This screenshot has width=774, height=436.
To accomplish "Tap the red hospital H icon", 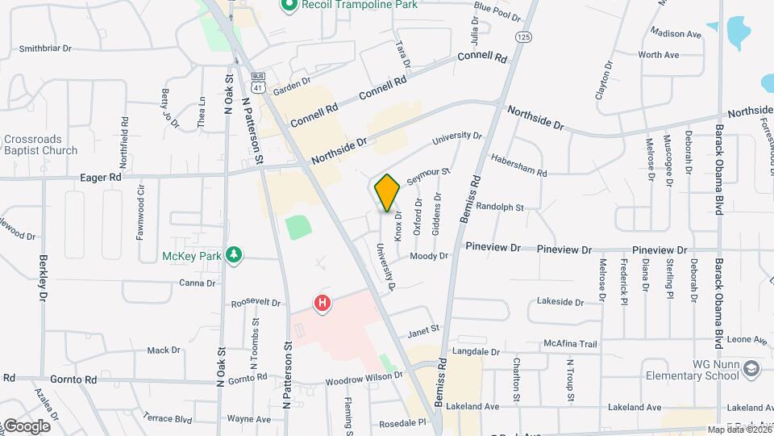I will point(322,304).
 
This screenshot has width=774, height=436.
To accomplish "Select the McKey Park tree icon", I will point(234,256).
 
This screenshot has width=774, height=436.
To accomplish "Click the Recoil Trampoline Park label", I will point(359,5).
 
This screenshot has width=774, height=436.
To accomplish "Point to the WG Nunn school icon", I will point(752,368).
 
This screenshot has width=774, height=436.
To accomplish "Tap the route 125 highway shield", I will point(523,37).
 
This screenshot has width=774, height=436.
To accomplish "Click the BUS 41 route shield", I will point(257,80).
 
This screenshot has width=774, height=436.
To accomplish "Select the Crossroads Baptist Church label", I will point(40,145).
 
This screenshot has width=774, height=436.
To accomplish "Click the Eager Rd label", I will point(101,177).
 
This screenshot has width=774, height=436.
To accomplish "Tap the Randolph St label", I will point(500,208).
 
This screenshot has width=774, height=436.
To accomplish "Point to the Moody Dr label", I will point(428,256).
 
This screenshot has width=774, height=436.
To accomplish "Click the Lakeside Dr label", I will point(560,302).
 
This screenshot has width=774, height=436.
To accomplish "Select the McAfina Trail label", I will point(569,344).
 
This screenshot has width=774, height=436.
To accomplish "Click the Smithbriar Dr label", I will point(45,48).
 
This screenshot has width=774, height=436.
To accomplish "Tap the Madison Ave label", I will point(676,34).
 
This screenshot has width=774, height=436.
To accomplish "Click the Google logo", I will point(26,426).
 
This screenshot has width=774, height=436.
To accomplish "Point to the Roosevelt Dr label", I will point(256,304).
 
